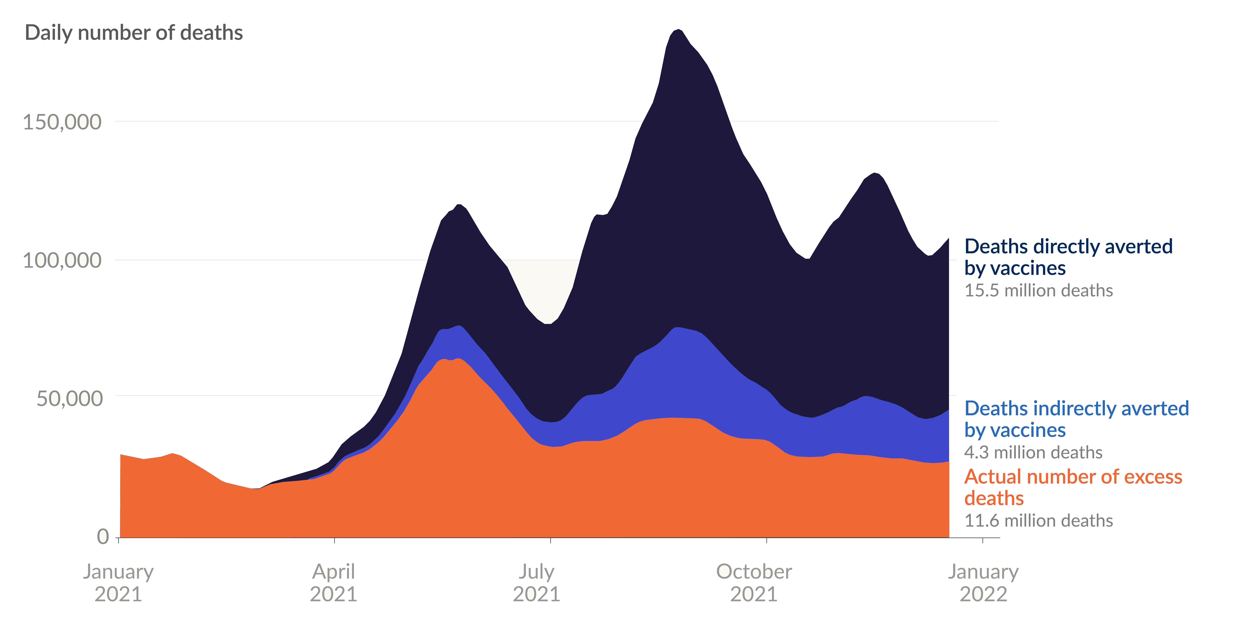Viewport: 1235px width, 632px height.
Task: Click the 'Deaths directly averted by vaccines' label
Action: [x=1068, y=257]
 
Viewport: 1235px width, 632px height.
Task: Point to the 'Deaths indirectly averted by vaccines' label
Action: [x=1076, y=419]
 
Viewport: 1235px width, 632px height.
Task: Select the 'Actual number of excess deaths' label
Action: [x=1073, y=487]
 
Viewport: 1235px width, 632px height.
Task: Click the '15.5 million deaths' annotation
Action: [x=1038, y=291]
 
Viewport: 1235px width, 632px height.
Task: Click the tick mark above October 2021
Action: [x=767, y=540]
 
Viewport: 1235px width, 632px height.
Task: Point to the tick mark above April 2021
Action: [x=334, y=540]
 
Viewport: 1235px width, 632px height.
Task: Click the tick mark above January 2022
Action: [x=983, y=540]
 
